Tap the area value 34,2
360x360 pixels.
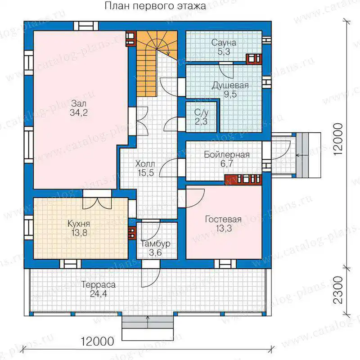(x=79, y=113)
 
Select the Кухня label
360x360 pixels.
(x=79, y=224)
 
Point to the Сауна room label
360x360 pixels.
(x=224, y=43)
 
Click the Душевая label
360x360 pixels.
(x=230, y=85)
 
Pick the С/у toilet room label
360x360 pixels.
(x=201, y=112)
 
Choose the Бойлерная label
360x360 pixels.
(x=227, y=155)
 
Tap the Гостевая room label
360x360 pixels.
(x=223, y=220)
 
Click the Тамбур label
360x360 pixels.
(x=155, y=243)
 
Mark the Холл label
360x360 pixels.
(x=145, y=164)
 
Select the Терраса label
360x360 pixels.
(x=99, y=285)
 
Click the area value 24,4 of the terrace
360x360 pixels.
(x=99, y=294)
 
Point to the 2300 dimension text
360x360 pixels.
(x=338, y=290)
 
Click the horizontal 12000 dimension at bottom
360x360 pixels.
(x=97, y=342)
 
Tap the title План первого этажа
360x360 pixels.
(x=155, y=6)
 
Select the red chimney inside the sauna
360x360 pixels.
(x=254, y=59)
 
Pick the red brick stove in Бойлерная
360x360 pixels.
(x=243, y=180)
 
